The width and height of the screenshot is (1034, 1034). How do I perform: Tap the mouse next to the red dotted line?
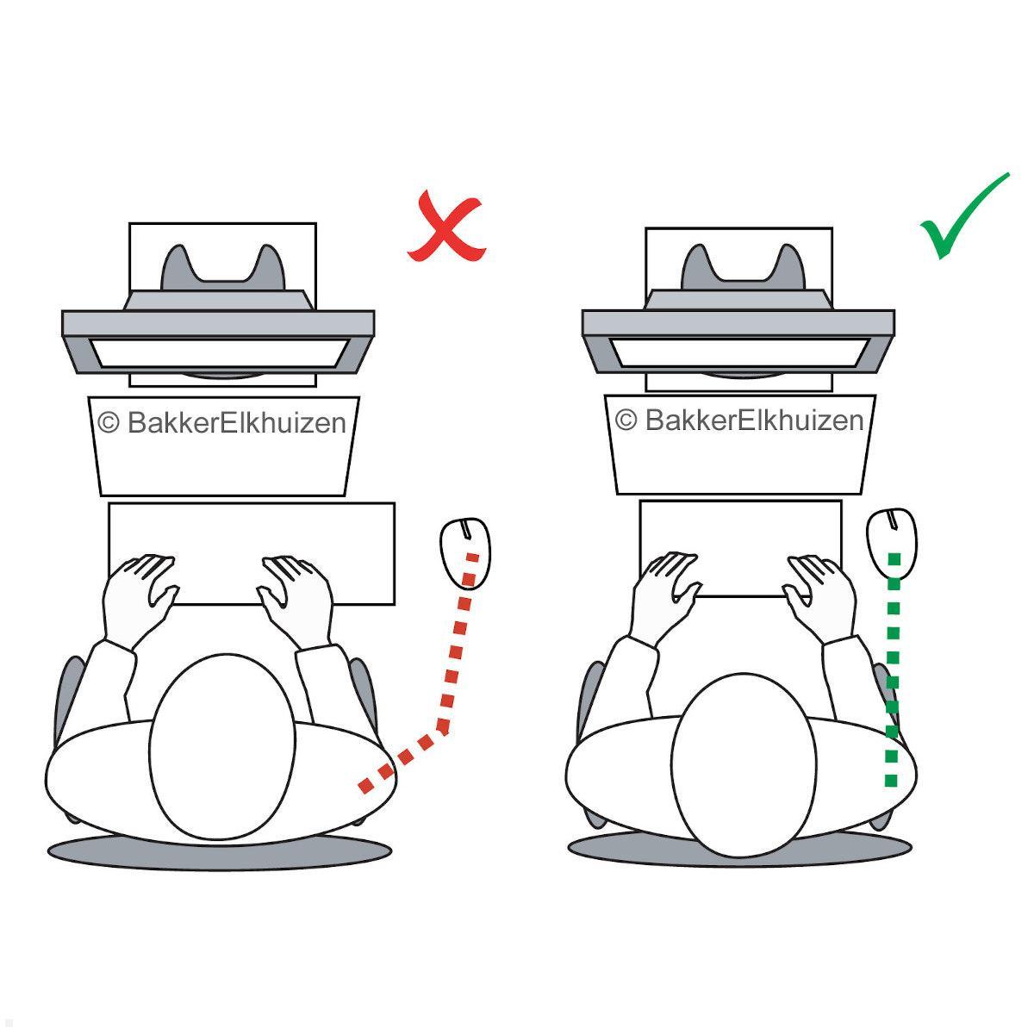coord(466,551)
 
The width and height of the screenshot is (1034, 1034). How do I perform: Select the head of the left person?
coord(222,744)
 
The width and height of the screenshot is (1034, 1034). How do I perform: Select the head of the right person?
coord(743,763)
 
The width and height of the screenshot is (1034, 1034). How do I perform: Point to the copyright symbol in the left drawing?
coord(109,422)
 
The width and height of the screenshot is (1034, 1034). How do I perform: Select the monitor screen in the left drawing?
coord(220,353)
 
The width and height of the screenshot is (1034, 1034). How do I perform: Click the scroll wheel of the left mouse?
coord(465,527)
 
